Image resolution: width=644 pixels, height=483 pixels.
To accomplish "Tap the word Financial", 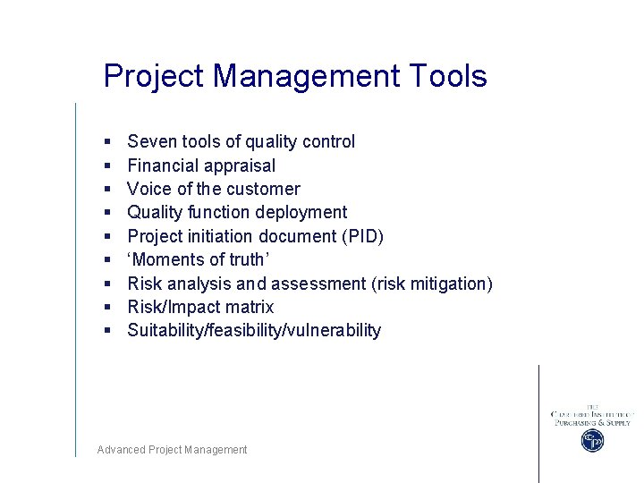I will coord(164,165).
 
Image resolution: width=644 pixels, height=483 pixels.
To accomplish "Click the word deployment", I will coord(301,213).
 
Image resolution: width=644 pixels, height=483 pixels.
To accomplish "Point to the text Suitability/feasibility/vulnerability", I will coord(254,331).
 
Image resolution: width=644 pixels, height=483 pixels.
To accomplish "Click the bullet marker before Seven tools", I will coord(106,142).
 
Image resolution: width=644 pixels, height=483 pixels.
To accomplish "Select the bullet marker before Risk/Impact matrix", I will coord(106,308).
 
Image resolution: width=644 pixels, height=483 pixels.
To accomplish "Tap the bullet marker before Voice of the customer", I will coord(106,190).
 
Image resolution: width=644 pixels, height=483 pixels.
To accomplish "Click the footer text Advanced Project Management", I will coord(172,450).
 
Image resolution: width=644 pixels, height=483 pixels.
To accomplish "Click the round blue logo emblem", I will coord(591,441).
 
